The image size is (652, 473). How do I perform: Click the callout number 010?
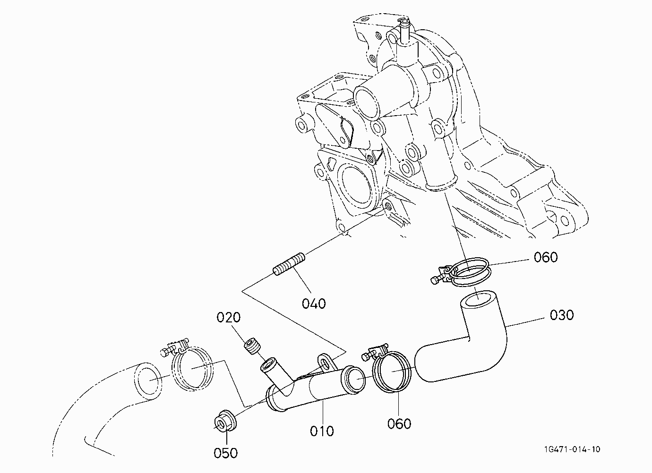(x=322, y=431)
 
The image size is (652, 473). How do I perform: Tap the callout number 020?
(x=229, y=317)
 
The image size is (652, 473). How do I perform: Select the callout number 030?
(x=562, y=315)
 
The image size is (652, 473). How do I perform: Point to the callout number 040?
(x=314, y=304)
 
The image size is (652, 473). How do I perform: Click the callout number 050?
(x=225, y=453)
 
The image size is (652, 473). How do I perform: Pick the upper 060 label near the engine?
(x=546, y=257)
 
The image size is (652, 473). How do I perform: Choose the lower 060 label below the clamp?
(x=399, y=424)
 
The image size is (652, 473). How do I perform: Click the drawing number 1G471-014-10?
(x=572, y=449)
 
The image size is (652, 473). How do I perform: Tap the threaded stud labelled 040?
(x=289, y=264)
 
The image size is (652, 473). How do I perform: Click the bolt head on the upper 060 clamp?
(x=434, y=280)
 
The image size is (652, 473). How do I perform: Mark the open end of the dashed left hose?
(x=148, y=380)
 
